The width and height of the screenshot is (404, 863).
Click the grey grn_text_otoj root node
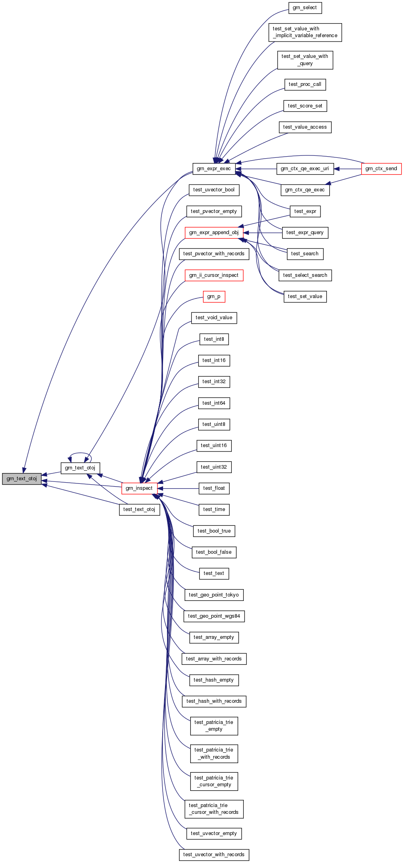tap(22, 479)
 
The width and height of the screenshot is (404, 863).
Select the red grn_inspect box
tap(139, 488)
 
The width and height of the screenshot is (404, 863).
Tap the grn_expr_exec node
tap(214, 169)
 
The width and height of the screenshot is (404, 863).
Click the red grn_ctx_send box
tap(381, 169)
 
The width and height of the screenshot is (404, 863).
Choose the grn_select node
tap(305, 8)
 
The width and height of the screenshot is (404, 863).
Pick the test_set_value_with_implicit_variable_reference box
tap(305, 32)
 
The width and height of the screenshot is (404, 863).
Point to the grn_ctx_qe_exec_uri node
tap(305, 169)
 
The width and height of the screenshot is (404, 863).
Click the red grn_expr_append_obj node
tap(214, 233)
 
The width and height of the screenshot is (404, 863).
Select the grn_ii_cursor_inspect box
tap(214, 275)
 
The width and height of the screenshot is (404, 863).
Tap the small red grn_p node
tap(214, 296)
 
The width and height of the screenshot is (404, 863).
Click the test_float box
tap(214, 488)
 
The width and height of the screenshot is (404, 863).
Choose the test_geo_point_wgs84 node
tap(214, 616)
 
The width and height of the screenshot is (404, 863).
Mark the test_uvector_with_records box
tap(214, 855)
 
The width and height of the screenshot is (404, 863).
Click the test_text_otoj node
tap(139, 509)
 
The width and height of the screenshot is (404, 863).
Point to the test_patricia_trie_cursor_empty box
tap(214, 781)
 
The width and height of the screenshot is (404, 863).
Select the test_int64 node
tap(214, 403)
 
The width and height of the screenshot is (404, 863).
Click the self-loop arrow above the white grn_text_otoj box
tap(80, 453)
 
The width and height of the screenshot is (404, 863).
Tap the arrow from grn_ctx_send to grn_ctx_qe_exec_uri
tap(348, 169)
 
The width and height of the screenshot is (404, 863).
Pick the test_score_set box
tap(305, 106)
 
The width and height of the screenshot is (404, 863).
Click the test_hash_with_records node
tap(214, 701)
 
